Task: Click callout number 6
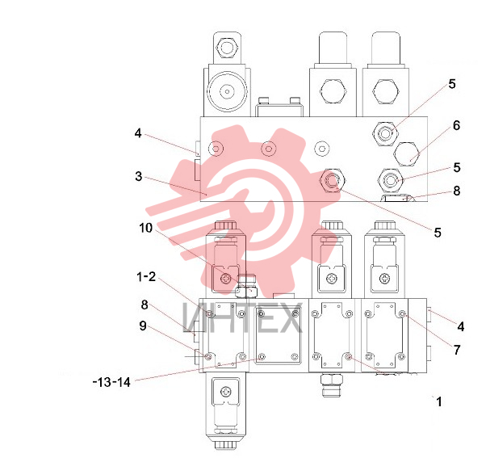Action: [x=456, y=125]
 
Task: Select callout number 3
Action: [x=139, y=176]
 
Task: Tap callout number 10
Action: [x=145, y=228]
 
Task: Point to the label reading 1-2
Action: [x=146, y=276]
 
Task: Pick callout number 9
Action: [x=143, y=326]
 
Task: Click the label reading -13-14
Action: [x=112, y=382]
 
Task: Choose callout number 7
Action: [x=457, y=350]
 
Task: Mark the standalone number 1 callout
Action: [x=439, y=402]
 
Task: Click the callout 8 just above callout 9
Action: [x=145, y=305]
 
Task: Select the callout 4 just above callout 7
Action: [x=461, y=326]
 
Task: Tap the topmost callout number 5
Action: [x=452, y=84]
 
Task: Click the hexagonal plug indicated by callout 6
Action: [x=407, y=154]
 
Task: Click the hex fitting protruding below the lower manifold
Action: [x=332, y=385]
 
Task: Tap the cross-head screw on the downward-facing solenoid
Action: [x=226, y=391]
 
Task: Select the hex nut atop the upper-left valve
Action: [x=227, y=48]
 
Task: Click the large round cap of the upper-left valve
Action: [x=227, y=91]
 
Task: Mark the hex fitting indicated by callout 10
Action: [x=246, y=287]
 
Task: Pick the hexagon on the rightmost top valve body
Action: [x=385, y=92]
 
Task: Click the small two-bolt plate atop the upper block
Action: [x=279, y=107]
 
